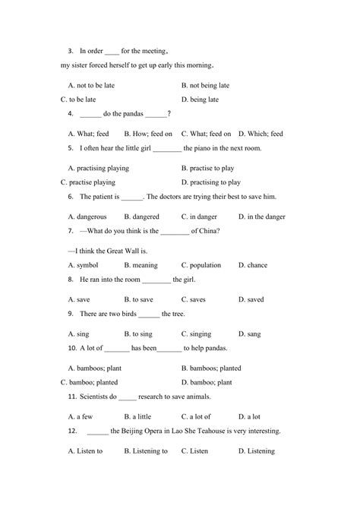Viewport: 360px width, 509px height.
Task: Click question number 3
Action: click(x=70, y=51)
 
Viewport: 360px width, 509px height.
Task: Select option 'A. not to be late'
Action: click(x=91, y=86)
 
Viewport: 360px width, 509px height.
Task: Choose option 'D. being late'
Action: click(x=201, y=100)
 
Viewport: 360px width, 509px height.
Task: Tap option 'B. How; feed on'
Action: click(x=148, y=134)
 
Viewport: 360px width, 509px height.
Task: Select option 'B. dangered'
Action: click(x=141, y=217)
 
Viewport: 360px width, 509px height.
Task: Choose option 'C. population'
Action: click(x=201, y=265)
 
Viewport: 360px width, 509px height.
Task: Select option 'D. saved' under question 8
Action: click(x=251, y=299)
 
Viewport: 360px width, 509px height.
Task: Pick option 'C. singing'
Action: click(x=197, y=334)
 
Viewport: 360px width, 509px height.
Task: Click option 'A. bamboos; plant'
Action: click(x=95, y=368)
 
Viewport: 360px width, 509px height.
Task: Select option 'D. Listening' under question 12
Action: click(x=257, y=451)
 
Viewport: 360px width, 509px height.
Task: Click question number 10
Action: click(x=72, y=348)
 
